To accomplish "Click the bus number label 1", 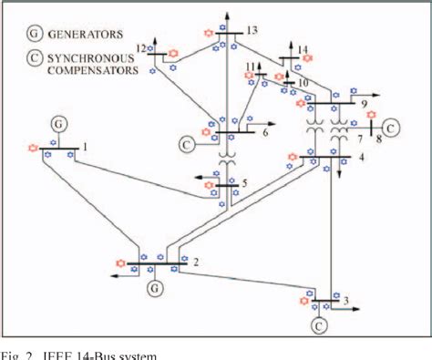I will (x=86, y=146).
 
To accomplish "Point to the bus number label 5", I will (x=244, y=183).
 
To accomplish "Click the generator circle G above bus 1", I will (x=58, y=122).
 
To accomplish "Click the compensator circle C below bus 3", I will (x=320, y=324).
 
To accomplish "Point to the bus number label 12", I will (x=140, y=47).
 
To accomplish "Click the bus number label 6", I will (x=266, y=132).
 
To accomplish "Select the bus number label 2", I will (x=195, y=262).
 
